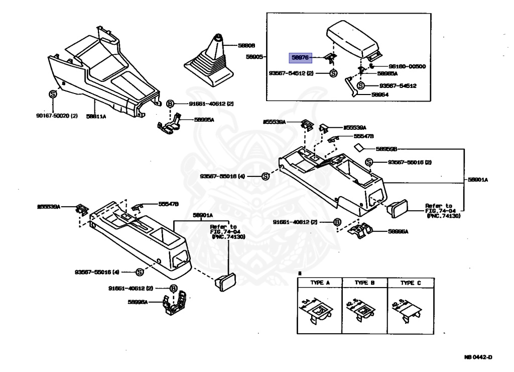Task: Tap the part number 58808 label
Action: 246,45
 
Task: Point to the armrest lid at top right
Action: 352,38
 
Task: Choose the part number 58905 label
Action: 254,57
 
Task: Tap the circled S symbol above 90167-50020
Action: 52,94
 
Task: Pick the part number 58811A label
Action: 95,116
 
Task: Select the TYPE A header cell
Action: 320,283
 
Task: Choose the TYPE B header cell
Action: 365,283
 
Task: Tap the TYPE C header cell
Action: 410,283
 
